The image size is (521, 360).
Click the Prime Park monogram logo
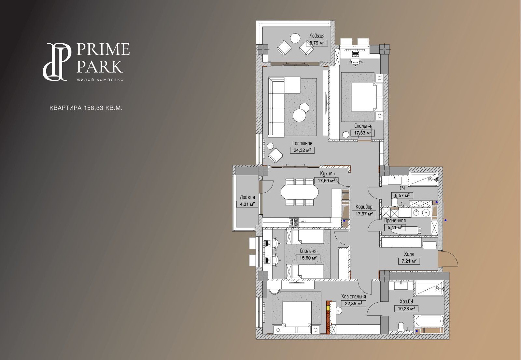click(57, 62)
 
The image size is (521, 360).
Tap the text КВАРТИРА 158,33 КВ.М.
click(86, 108)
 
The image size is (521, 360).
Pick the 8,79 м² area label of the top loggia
click(317, 43)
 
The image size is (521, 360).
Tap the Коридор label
click(364, 207)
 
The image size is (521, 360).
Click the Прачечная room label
click(395, 220)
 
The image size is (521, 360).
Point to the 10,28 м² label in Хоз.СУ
click(406, 309)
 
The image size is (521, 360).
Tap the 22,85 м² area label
click(354, 303)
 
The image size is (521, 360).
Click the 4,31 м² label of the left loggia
click(247, 204)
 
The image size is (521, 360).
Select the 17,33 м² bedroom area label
click(363, 133)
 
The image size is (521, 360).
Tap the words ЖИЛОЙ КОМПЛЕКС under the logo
click(100, 79)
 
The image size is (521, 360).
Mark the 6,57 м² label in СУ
click(402, 195)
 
